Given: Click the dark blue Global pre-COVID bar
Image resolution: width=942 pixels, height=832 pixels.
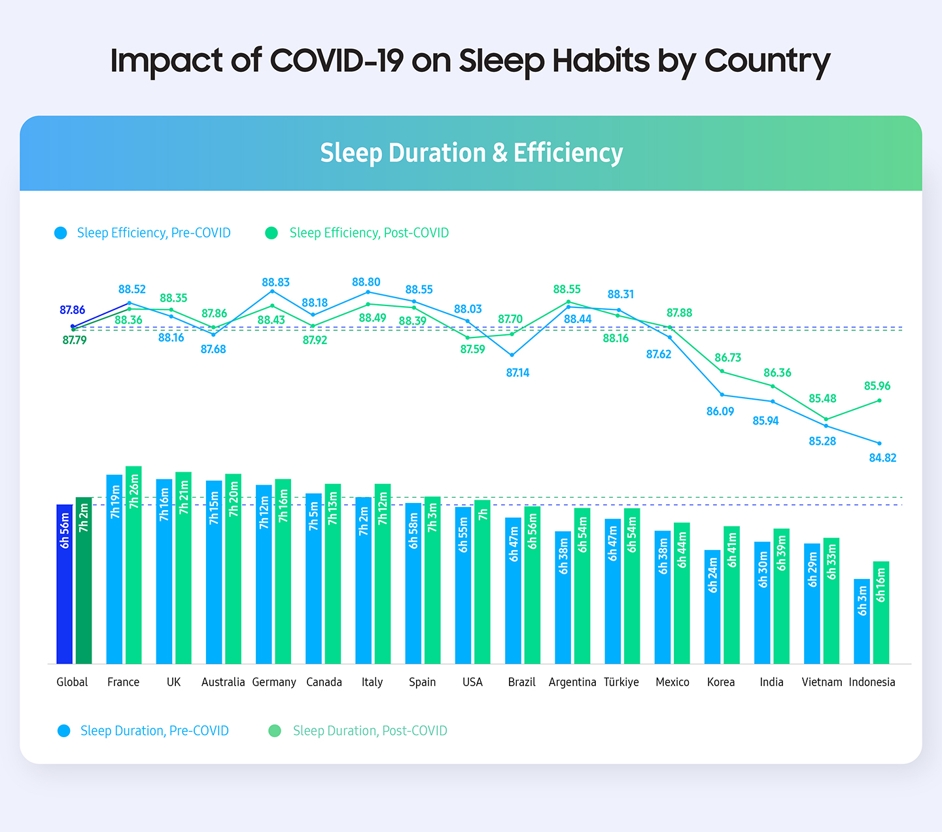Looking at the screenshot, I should tap(64, 583).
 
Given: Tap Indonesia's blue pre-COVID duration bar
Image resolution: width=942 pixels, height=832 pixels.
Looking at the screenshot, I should tap(862, 621).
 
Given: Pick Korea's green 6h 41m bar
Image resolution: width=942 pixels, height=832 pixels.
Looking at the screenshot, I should tap(731, 595).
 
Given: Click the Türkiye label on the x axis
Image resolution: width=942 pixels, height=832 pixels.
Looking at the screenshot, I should tap(621, 682).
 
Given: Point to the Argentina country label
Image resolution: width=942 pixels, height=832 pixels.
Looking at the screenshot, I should tap(572, 682).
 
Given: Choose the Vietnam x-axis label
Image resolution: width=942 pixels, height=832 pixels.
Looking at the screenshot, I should tap(822, 682).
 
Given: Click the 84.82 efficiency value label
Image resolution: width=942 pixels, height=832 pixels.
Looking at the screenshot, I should tap(882, 458).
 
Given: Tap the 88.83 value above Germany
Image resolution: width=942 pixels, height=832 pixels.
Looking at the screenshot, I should tap(275, 282).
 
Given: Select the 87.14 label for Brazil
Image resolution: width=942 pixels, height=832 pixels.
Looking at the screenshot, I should tap(517, 373).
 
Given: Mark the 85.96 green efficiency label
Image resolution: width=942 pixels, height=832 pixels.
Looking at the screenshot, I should tap(877, 386).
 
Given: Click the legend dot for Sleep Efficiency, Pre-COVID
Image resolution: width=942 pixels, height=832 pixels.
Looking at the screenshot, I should tap(61, 233).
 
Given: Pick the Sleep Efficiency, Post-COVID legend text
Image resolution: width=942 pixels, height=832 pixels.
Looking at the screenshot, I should tap(369, 233).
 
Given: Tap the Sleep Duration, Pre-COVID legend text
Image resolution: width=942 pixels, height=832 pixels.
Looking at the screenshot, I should tap(154, 731).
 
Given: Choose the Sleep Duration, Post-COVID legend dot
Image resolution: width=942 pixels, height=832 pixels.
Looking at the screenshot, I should tap(275, 731).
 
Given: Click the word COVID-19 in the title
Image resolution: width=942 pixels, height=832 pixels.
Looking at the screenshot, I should tap(336, 61).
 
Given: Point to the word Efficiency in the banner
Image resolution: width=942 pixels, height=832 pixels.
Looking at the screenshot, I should tap(568, 153).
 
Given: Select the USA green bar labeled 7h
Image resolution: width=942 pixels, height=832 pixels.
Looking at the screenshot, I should tap(482, 581).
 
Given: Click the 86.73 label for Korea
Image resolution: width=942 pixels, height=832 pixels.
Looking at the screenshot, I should tap(727, 358).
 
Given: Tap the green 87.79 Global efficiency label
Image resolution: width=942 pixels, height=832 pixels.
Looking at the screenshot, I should tap(74, 340).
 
